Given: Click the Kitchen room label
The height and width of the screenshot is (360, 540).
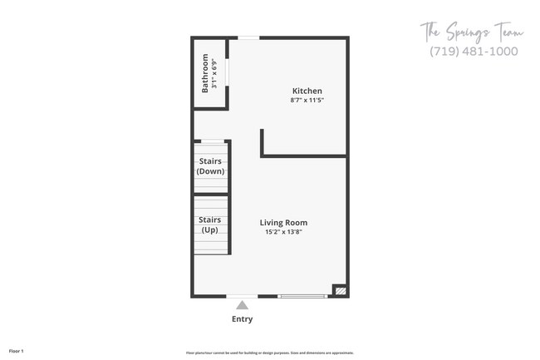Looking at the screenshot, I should coord(307,91).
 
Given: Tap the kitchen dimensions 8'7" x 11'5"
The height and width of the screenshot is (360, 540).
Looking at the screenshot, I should coord(307,101).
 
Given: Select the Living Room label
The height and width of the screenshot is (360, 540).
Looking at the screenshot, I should coord(283,222).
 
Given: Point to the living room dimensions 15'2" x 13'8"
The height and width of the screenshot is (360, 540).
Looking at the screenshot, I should coord(283,232).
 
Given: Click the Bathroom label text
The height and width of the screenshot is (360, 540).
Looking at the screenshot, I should coord(205,73).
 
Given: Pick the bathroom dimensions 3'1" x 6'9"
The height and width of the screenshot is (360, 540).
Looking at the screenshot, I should coord(214,73).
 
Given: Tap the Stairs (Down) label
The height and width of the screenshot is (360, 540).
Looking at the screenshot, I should coord(209,165).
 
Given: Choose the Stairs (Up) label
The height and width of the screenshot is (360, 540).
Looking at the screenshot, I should coord(209,224).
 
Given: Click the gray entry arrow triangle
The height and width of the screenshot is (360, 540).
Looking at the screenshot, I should coord(242,305).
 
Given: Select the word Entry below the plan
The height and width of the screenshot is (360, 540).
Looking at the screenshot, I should coord(242,319).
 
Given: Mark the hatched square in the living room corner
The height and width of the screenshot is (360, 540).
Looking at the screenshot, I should coord(339,291).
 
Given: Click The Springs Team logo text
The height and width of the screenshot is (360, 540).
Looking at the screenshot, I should coord(470,33).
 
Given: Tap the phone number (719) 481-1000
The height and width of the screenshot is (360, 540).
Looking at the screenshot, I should coord(474,52).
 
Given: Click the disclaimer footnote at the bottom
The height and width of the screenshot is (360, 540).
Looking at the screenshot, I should coord(270,352).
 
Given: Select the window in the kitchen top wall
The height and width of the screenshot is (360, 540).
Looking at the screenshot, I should coord(248,38).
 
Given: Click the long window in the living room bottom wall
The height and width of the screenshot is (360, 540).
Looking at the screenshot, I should coord(302,296).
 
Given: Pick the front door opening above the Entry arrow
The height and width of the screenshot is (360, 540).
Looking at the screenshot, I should coord(242,296).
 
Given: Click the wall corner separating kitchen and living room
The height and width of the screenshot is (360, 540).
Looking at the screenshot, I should coord(263,154).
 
